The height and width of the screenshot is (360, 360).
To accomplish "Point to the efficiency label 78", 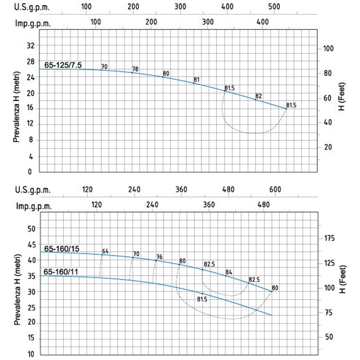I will (x=135, y=69).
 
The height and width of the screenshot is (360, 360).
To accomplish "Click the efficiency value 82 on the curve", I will (x=258, y=96).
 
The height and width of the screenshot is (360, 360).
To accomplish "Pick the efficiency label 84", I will (x=229, y=272).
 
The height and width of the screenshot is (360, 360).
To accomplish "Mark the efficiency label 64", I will (x=105, y=251).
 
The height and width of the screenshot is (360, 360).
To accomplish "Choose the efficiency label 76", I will (x=159, y=257).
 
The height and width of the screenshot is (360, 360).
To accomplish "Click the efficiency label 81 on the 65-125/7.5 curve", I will (x=196, y=80).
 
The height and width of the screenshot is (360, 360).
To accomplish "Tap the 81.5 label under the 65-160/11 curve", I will (x=202, y=299).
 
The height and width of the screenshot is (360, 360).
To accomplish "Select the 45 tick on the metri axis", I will (x=31, y=244).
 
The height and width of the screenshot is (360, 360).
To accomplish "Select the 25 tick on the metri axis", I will (x=31, y=308).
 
